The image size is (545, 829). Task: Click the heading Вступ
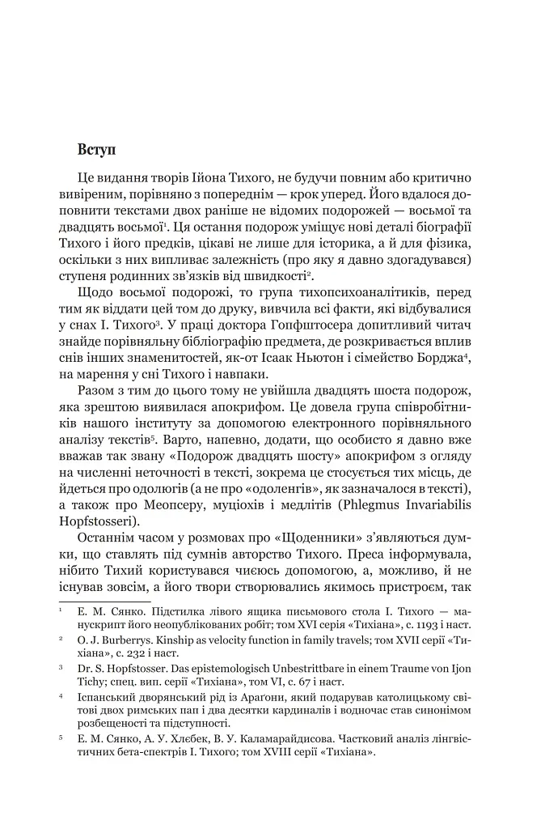tap(99, 149)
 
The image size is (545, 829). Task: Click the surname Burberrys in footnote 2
tap(126, 639)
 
